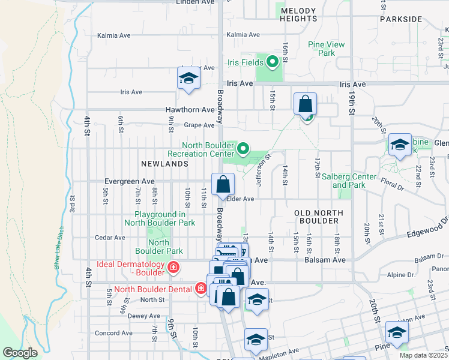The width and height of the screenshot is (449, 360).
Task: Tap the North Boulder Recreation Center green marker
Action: [x=243, y=148]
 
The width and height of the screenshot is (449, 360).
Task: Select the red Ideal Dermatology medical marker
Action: [x=173, y=267]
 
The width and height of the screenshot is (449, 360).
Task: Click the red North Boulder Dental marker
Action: [x=201, y=289]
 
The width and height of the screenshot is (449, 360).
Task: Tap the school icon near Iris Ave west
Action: [x=188, y=79]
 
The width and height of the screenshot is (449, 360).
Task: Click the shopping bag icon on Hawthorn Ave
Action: [x=306, y=103]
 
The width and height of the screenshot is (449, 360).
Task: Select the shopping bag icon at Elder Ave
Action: [x=223, y=184]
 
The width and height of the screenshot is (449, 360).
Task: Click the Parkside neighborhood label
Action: [x=401, y=19]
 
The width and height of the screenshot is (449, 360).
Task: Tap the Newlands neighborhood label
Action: [x=165, y=163]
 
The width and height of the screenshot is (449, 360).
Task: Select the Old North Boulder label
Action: [x=319, y=217]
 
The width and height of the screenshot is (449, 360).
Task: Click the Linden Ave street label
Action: [x=195, y=2]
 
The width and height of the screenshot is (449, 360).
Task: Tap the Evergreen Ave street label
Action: [x=129, y=181]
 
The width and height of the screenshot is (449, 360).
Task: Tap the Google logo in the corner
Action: [x=20, y=353]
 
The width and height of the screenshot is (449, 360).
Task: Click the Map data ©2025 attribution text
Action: [x=423, y=355]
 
